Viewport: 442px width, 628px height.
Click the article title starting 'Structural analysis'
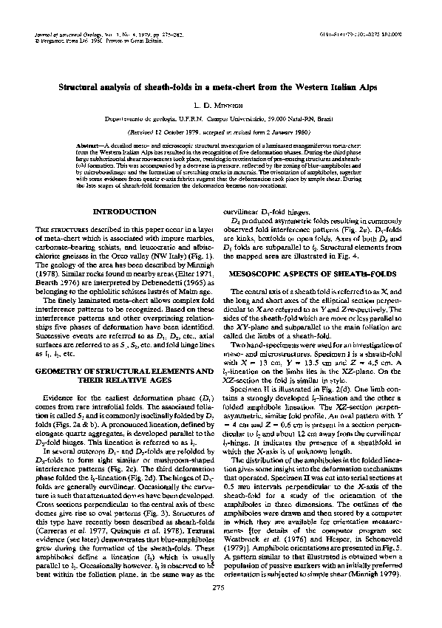point(221,86)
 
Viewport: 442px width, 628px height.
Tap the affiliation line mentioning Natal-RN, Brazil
point(221,120)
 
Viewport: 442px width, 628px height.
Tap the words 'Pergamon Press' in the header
point(50,41)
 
